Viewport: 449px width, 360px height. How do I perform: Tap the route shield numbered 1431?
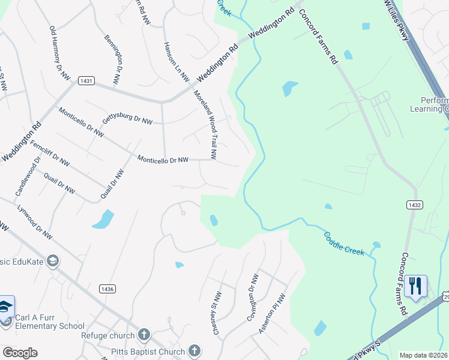pos(86,80)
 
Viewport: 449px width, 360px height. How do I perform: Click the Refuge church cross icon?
pos(143,334)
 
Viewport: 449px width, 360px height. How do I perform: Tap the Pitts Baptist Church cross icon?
pos(193,350)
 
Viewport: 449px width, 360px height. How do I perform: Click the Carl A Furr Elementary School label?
pos(49,321)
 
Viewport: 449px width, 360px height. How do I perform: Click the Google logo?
pos(20,353)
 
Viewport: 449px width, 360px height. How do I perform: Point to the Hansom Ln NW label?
pos(176,62)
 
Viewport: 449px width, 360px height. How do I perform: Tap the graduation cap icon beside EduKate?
pos(53,261)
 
